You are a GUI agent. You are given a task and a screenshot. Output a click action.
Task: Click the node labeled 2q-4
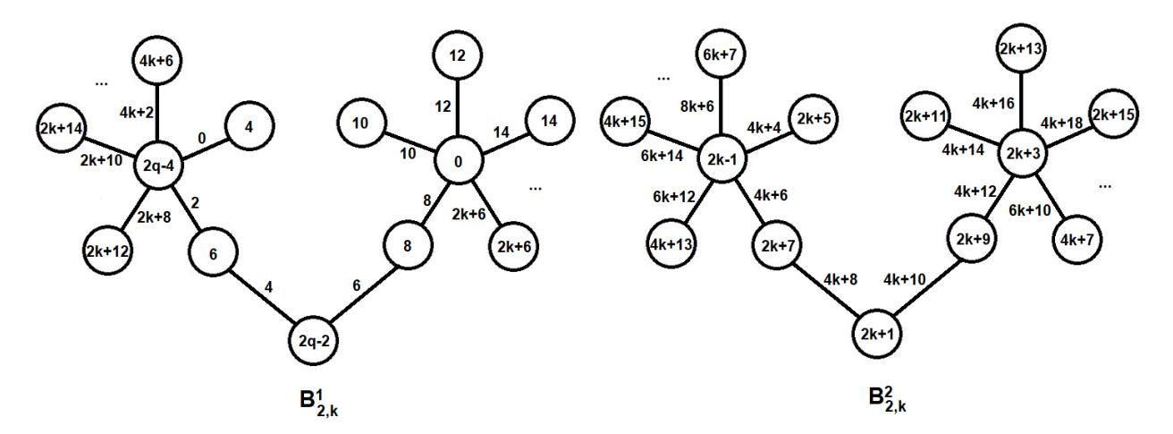158,166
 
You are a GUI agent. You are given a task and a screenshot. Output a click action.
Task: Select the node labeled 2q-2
314,341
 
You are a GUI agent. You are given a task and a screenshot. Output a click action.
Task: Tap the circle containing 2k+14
62,128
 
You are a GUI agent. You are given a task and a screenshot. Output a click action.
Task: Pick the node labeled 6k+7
721,55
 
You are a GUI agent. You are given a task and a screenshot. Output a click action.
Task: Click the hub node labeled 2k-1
722,158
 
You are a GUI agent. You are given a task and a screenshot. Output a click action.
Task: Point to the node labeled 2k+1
877,334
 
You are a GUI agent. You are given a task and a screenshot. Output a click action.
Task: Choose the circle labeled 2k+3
1023,153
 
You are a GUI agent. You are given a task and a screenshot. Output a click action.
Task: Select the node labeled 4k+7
1076,240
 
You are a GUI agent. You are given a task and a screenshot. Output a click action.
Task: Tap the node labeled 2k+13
1021,48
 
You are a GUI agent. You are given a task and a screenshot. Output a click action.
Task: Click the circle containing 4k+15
625,121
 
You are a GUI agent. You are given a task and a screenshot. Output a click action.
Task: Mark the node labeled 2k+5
814,119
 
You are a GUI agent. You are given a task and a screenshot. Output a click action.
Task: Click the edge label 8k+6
697,106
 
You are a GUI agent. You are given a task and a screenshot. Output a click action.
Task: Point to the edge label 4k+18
1061,123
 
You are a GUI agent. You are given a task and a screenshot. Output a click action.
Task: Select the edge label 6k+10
1030,210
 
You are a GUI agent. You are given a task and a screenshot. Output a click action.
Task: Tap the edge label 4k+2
137,112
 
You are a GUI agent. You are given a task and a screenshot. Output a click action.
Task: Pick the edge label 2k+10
101,160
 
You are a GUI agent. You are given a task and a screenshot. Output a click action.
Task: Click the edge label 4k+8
840,279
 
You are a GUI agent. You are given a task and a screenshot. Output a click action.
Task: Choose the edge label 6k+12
674,197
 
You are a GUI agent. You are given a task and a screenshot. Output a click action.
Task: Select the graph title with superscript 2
887,399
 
